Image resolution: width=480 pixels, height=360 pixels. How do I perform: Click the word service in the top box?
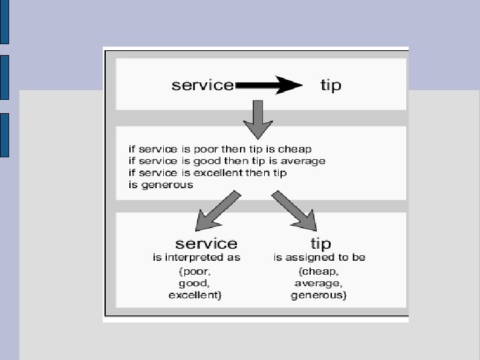pyautogui.click(x=203, y=85)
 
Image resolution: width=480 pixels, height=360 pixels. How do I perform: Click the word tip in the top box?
pyautogui.click(x=331, y=85)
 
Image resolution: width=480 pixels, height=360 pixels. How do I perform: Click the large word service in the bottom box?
pyautogui.click(x=206, y=243)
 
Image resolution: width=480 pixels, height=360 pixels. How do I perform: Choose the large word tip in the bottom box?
pyautogui.click(x=320, y=244)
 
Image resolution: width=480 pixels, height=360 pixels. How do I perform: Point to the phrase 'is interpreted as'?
pyautogui.click(x=196, y=258)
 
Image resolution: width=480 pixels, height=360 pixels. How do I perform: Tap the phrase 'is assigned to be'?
pyautogui.click(x=319, y=258)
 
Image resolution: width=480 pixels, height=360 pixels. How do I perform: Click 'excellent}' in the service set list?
pyautogui.click(x=195, y=295)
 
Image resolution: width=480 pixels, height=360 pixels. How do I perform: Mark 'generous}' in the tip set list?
pyautogui.click(x=319, y=295)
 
